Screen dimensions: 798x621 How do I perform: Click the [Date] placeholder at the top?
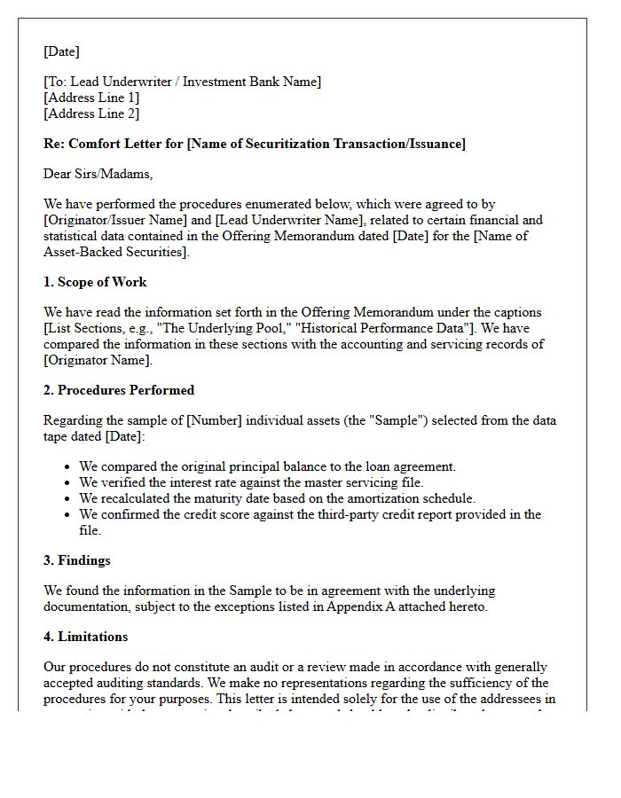tap(61, 51)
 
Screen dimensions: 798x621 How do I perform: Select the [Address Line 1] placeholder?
tap(91, 98)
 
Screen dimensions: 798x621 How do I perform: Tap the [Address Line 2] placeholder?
tap(91, 113)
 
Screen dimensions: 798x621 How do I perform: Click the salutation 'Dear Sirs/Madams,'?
tap(98, 174)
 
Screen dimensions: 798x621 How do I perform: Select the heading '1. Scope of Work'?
tap(95, 282)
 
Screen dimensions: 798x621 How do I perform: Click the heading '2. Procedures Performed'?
tap(119, 390)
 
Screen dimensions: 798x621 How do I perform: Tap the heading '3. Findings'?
tap(77, 560)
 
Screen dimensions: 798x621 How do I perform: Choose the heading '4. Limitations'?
tap(85, 637)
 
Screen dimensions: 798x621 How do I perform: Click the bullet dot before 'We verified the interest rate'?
tap(68, 482)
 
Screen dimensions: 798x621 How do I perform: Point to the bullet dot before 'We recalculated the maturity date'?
tap(68, 498)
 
